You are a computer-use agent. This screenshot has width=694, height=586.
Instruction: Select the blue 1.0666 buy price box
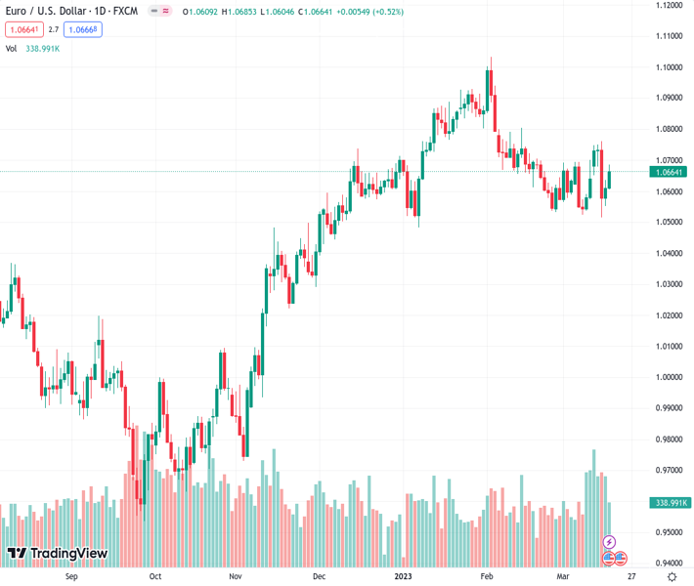tap(84, 29)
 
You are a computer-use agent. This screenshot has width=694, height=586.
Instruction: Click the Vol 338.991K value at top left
tap(43, 48)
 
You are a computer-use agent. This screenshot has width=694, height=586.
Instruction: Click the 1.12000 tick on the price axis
tap(670, 5)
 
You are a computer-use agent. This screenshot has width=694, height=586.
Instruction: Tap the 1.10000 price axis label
tap(670, 66)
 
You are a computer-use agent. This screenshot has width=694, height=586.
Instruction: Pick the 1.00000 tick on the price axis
tap(670, 377)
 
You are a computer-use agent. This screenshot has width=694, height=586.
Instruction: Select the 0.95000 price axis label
tap(670, 532)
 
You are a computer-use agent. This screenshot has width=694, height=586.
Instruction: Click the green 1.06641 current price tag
tap(670, 172)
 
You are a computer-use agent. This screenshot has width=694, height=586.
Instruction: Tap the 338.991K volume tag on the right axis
tap(670, 503)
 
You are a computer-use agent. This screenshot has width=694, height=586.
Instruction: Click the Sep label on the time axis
tap(71, 576)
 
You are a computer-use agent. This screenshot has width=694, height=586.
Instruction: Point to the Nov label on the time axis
tap(236, 576)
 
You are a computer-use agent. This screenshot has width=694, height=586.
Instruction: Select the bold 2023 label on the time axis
tap(402, 576)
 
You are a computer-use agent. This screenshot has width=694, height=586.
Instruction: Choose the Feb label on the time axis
tap(486, 576)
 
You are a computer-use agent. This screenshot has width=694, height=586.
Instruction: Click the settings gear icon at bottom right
tap(671, 576)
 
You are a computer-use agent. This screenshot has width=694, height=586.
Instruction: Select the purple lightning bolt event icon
tap(609, 542)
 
